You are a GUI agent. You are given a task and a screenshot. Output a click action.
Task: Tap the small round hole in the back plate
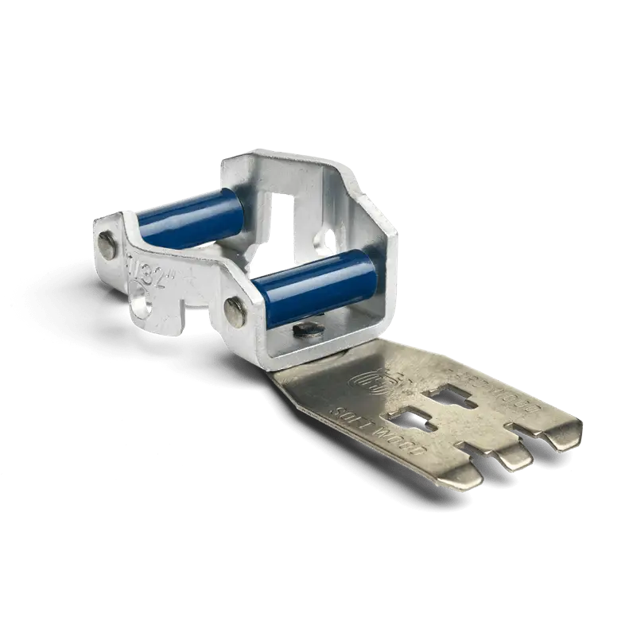pos(324,237)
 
